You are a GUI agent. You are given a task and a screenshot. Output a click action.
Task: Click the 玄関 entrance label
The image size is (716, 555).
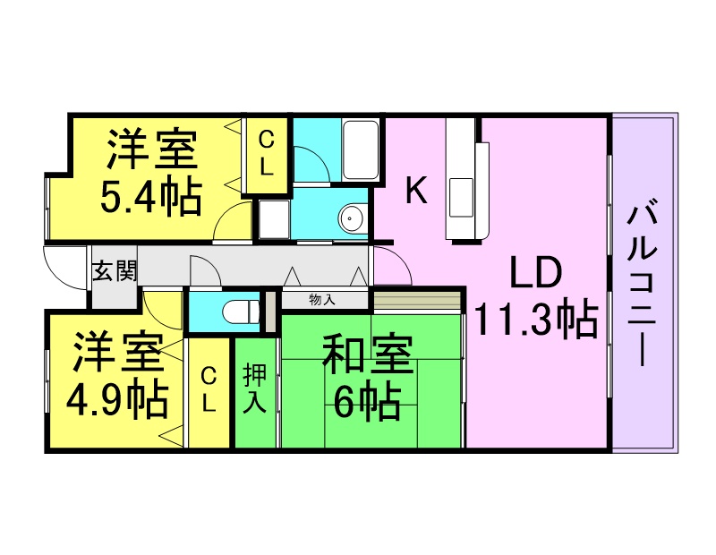(x=115, y=271)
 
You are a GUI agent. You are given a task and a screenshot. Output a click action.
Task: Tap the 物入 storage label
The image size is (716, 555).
(x=322, y=300)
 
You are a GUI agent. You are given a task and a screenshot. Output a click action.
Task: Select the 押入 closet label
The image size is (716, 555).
(x=255, y=388)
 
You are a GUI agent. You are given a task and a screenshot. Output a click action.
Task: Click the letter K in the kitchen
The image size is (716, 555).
(x=416, y=191)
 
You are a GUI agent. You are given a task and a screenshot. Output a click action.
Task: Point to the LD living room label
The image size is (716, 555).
(x=535, y=273)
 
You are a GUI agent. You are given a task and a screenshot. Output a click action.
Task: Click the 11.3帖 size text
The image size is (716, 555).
(x=536, y=320)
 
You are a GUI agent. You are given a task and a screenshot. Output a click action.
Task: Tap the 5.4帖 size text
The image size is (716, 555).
(x=151, y=197)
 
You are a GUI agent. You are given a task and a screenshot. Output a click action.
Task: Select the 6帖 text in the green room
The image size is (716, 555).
(x=368, y=401)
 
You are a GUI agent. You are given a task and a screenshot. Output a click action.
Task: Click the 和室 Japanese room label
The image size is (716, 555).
(x=368, y=354)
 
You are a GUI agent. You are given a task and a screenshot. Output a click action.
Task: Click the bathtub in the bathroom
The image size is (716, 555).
(x=361, y=149)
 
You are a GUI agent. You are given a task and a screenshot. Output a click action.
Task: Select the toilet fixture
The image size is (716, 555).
(x=242, y=312)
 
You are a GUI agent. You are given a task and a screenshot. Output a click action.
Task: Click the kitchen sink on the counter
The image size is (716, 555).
(x=461, y=198)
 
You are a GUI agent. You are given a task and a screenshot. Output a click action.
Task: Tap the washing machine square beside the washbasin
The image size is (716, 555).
(x=274, y=218)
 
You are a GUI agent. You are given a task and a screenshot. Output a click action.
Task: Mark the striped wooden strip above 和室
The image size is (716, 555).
(x=417, y=301)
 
